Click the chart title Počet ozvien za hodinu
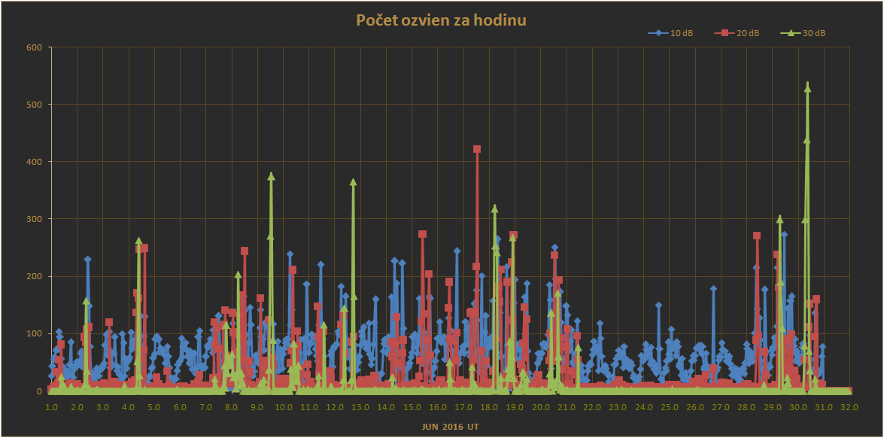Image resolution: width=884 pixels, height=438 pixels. pyautogui.click(x=441, y=20)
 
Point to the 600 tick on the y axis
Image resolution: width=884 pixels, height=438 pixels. pyautogui.click(x=35, y=47)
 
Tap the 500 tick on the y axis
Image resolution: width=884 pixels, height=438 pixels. pyautogui.click(x=35, y=104)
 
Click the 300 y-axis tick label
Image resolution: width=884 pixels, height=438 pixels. pyautogui.click(x=35, y=219)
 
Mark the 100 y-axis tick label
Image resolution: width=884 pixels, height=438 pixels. pyautogui.click(x=35, y=333)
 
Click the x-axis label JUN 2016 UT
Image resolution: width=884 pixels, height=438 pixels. pyautogui.click(x=449, y=427)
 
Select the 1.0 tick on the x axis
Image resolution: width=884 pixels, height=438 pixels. pyautogui.click(x=51, y=407)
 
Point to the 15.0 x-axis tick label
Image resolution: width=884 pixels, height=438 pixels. pyautogui.click(x=412, y=407)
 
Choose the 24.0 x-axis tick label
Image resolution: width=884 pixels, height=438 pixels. pyautogui.click(x=643, y=407)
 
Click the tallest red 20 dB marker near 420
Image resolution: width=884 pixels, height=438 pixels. pyautogui.click(x=477, y=149)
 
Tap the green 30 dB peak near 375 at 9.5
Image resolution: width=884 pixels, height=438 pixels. pyautogui.click(x=271, y=176)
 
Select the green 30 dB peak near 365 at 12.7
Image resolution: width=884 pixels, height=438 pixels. pyautogui.click(x=353, y=182)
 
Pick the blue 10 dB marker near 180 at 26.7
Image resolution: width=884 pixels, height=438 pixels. pyautogui.click(x=713, y=288)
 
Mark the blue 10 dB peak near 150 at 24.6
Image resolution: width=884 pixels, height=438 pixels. pyautogui.click(x=658, y=306)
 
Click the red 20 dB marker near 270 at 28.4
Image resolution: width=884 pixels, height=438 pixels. pyautogui.click(x=757, y=236)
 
